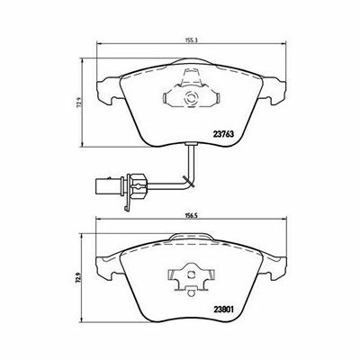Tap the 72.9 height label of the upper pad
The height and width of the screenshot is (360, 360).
click(x=79, y=104)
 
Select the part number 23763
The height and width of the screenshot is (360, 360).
click(x=223, y=134)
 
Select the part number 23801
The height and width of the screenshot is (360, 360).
click(x=223, y=309)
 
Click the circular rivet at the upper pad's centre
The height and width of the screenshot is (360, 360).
click(x=191, y=98)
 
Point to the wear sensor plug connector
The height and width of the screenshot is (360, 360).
click(x=109, y=186)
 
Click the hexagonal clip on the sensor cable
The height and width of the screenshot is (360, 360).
click(x=138, y=186)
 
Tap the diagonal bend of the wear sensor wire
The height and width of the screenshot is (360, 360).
click(x=190, y=182)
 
